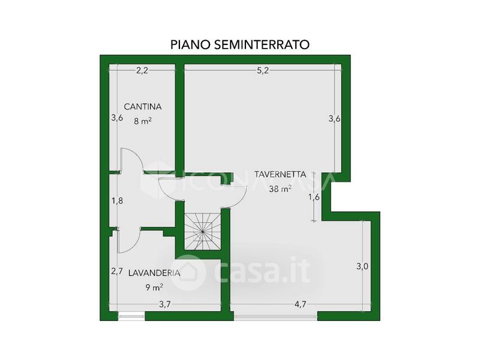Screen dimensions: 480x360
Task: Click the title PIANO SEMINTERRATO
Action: [239, 44]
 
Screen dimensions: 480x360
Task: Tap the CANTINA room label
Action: [143, 107]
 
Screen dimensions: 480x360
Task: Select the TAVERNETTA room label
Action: [280, 175]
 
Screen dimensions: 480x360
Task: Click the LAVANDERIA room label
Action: [154, 273]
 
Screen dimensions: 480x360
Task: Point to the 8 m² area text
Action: [143, 121]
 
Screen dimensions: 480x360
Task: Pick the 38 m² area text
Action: [280, 188]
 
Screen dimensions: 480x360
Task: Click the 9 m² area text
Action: [154, 287]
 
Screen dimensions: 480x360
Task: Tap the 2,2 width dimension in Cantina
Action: [142, 71]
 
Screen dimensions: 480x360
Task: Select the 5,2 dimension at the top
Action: [263, 71]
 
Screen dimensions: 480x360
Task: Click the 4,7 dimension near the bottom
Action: [300, 304]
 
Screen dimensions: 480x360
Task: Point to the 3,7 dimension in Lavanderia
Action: [164, 304]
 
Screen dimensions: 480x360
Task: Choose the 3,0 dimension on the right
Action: [362, 266]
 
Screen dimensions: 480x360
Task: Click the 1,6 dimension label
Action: [314, 197]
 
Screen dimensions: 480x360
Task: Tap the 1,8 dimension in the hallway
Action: [117, 201]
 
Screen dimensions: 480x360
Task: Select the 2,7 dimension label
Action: [117, 271]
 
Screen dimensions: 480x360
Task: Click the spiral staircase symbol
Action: [202, 232]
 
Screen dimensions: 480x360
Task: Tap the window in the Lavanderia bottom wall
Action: [131, 316]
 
